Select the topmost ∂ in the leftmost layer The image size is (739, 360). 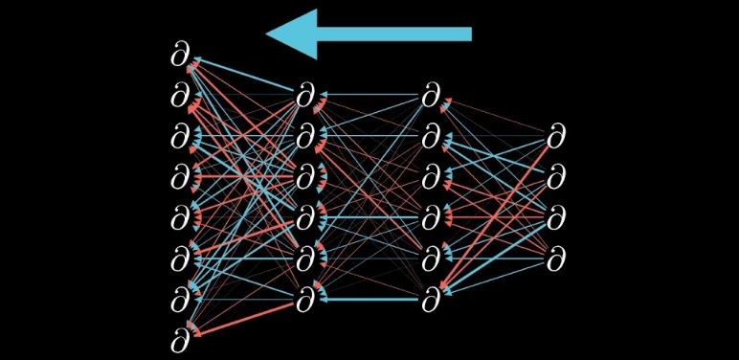coord(181,56)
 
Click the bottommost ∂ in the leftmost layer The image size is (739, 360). coord(181,340)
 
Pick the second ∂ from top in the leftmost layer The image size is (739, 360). coord(181,96)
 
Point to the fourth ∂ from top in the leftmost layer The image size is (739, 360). coord(181,177)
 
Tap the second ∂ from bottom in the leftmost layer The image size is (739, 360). coord(181,300)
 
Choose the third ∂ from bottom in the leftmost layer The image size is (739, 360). coord(181,259)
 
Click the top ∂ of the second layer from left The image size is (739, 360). coord(305,96)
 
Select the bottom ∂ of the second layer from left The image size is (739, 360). coord(305,300)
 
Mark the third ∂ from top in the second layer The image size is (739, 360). coord(305,177)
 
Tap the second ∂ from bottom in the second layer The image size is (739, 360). coord(305,259)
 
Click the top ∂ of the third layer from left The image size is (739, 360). coord(432,96)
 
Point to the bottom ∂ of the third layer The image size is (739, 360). coord(432,300)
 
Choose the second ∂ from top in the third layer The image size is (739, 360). coord(432,137)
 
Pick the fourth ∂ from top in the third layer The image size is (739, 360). coord(432,218)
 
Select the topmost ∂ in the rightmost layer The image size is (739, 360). coord(556,137)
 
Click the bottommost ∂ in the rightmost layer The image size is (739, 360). coord(556,259)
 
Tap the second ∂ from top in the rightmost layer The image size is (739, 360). coord(556,177)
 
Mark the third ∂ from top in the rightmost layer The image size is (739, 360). coord(556,218)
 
